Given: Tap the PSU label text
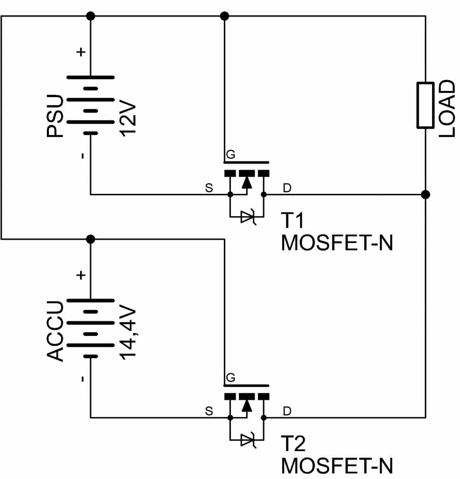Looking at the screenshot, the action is click(x=55, y=116).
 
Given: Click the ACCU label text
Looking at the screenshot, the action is click(x=55, y=331).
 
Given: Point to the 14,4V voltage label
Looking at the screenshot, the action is click(x=128, y=332).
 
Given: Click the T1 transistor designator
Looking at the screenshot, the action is click(x=293, y=220).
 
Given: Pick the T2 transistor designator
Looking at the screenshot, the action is click(x=293, y=443).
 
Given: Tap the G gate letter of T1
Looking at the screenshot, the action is click(x=230, y=154).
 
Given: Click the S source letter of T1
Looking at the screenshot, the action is click(x=209, y=188).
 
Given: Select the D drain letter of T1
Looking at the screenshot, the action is click(x=287, y=188).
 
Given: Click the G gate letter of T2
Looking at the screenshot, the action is click(x=230, y=378).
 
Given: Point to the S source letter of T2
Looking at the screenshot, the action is click(x=209, y=411).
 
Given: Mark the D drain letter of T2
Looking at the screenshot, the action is click(x=287, y=411).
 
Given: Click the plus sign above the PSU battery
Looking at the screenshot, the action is click(x=81, y=52).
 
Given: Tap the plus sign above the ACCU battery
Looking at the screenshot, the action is click(x=81, y=275).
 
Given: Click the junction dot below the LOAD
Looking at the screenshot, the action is click(x=425, y=194).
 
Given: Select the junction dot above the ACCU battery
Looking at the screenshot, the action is click(x=91, y=239).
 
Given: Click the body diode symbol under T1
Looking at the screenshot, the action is click(x=247, y=217).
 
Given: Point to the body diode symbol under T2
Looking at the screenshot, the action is click(x=247, y=440).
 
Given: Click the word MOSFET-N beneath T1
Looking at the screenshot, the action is click(x=337, y=243).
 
